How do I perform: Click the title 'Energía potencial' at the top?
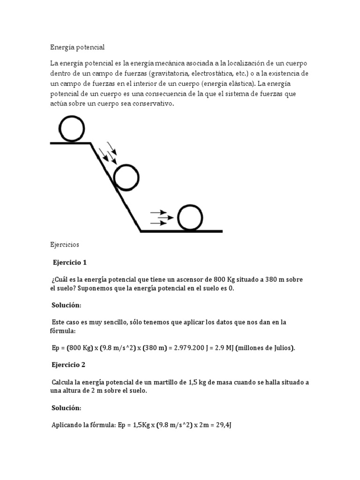click(x=77, y=47)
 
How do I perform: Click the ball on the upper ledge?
click(x=72, y=128)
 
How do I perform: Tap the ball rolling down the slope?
click(x=127, y=178)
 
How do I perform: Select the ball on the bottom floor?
click(x=190, y=217)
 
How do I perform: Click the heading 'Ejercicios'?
click(x=65, y=245)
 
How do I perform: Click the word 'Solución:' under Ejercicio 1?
click(x=66, y=305)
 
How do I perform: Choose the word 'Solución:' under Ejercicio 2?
click(x=66, y=408)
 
